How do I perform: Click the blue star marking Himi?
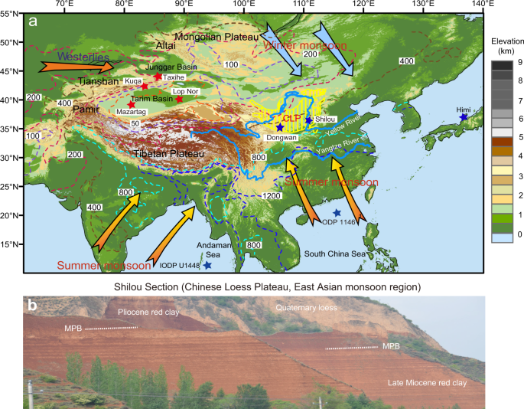pos(464,117)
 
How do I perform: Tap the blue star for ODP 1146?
pos(337,213)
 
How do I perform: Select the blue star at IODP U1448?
pos(207,265)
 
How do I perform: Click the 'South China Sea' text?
pos(332,253)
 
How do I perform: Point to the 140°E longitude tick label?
pos(483,5)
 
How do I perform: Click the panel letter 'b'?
pos(33,305)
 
